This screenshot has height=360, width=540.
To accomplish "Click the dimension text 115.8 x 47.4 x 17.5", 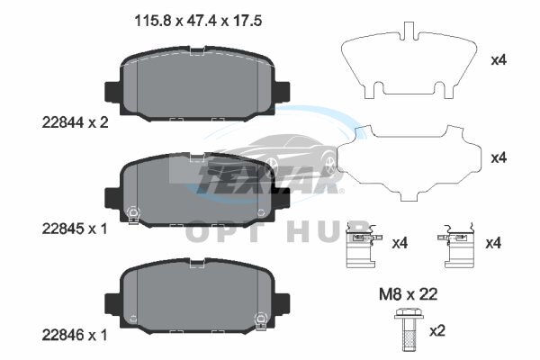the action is tap(198, 21).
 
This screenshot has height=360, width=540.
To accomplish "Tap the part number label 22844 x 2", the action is tap(75, 122).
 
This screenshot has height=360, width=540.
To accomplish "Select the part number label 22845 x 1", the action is tap(75, 229).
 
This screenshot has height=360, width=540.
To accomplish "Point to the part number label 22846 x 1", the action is tap(75, 335).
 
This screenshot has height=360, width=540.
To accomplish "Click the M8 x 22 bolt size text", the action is tap(408, 294).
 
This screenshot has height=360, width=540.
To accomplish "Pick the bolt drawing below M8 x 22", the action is tap(409, 328).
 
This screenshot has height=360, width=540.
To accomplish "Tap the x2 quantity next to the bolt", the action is tap(437, 331).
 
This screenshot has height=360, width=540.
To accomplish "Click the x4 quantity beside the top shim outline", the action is tap(499, 60).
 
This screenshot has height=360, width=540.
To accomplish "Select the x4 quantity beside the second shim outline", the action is tap(499, 158).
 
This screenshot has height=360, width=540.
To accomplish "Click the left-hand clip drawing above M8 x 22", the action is tap(363, 246).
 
